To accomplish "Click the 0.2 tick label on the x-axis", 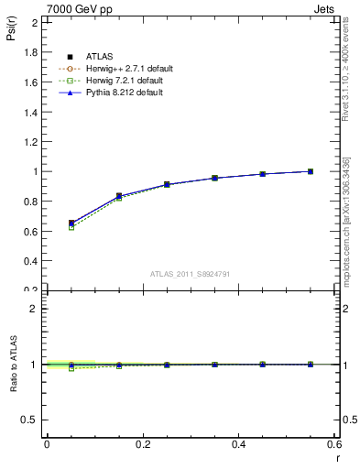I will (142, 444).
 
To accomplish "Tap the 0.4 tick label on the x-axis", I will (239, 444).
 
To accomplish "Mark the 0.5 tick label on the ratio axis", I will (30, 420).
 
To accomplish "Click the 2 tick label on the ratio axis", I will (35, 309).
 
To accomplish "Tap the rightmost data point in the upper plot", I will (311, 171).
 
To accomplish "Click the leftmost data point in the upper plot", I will (71, 223).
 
